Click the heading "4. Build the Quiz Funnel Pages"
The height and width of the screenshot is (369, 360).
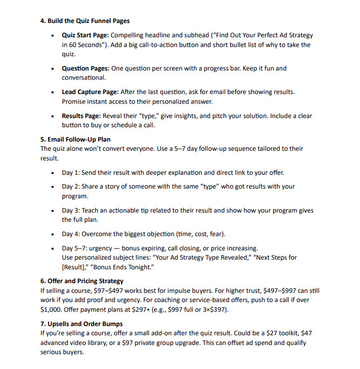pyautogui.click(x=85, y=21)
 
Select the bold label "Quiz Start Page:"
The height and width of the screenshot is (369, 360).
pyautogui.click(x=85, y=35)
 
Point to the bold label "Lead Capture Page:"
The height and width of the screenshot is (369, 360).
pyautogui.click(x=90, y=92)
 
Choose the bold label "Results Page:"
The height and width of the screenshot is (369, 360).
pyautogui.click(x=81, y=116)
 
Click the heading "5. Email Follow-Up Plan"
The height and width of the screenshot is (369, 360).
pyautogui.click(x=75, y=139)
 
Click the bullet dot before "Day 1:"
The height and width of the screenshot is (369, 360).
pyautogui.click(x=53, y=173)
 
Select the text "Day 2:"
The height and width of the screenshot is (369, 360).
pyautogui.click(x=71, y=187)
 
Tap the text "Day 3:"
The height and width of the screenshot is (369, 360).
pyautogui.click(x=71, y=210)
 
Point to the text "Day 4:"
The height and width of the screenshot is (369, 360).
pyautogui.click(x=71, y=234)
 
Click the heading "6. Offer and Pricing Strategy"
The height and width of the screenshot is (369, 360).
pyautogui.click(x=82, y=281)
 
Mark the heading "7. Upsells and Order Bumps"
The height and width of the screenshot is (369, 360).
pyautogui.click(x=81, y=324)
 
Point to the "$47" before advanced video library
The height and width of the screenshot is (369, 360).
pyautogui.click(x=305, y=333)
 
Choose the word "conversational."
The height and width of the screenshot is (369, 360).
pyautogui.click(x=84, y=78)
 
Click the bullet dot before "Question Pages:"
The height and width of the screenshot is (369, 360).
pyautogui.click(x=53, y=68)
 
